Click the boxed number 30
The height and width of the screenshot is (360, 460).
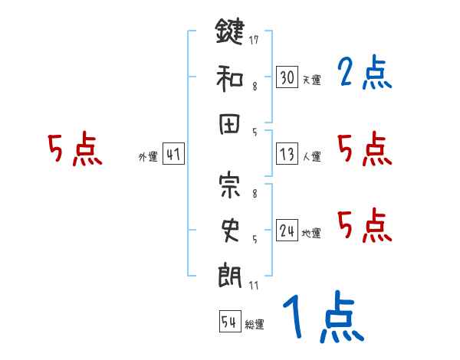pos(287,77)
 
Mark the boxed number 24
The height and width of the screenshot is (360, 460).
pos(287,230)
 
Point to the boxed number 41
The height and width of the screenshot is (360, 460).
pos(173,155)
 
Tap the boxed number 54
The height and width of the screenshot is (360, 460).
pos(228,322)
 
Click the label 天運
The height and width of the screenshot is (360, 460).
pos(310,80)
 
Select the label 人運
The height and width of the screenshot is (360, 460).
pos(310,157)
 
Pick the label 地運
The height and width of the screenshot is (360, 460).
pos(310,233)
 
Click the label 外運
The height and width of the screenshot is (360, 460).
pos(147,157)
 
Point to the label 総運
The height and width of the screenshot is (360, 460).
pos(254,325)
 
